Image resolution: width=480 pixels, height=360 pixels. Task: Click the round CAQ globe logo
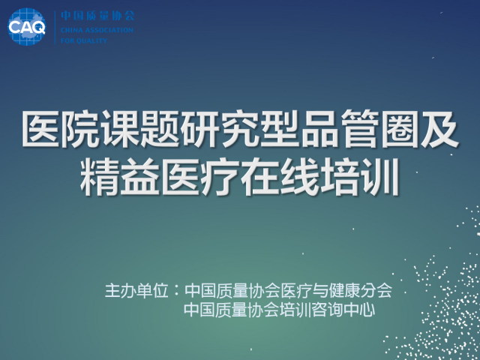click(27, 27)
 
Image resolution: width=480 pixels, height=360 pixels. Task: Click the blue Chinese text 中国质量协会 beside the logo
click(97, 15)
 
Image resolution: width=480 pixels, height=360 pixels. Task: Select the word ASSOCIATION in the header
click(109, 30)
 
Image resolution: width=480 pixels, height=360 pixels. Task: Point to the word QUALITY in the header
click(91, 40)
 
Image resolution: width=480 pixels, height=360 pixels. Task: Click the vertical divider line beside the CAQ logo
click(55, 27)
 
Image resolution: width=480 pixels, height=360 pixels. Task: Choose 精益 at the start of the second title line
click(120, 177)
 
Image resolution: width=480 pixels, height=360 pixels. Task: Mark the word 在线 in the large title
click(280, 177)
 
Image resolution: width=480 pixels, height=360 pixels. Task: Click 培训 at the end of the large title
click(360, 177)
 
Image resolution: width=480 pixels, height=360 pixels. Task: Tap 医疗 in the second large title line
click(200, 177)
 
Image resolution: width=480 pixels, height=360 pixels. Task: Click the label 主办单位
click(136, 290)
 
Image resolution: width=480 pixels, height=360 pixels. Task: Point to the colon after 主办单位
click(176, 291)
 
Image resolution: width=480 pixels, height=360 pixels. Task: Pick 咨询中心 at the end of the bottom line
click(343, 310)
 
